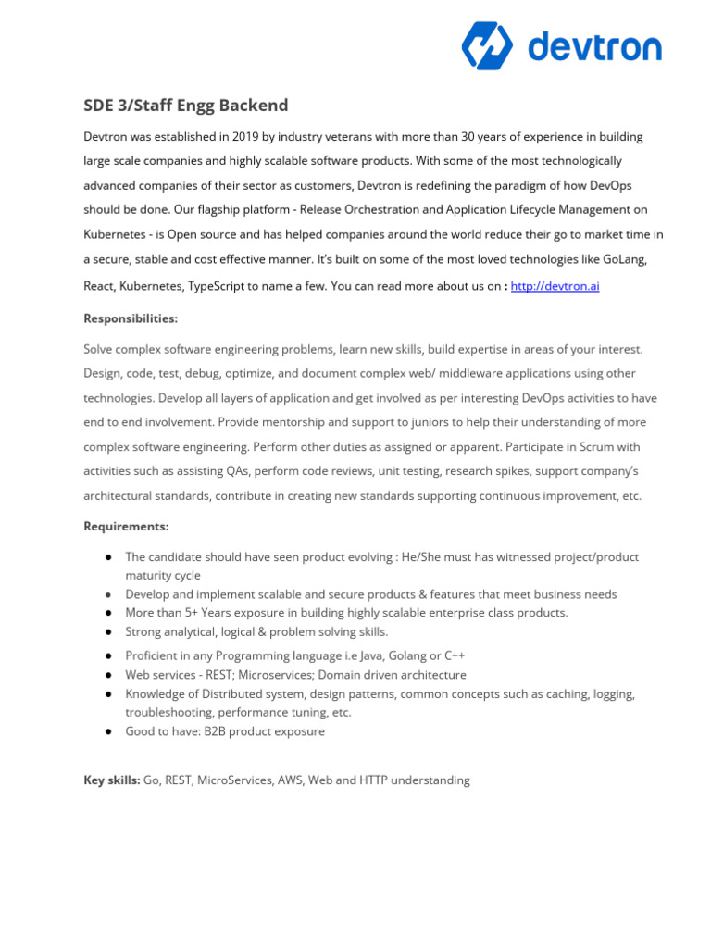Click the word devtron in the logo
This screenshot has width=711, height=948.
click(x=594, y=47)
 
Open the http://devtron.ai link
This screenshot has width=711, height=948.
click(x=555, y=286)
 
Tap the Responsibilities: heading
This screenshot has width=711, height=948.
click(x=131, y=318)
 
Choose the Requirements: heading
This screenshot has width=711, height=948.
click(x=126, y=527)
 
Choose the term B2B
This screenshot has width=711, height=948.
click(x=219, y=731)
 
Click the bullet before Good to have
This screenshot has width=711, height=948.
click(x=109, y=731)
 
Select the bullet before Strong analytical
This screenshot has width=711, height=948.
click(x=109, y=632)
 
